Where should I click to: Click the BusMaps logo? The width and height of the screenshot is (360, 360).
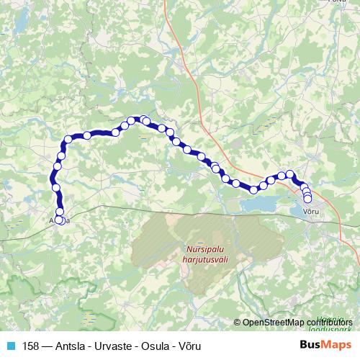click(x=326, y=346)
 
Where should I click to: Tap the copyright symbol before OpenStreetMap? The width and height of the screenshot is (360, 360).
click(x=237, y=323)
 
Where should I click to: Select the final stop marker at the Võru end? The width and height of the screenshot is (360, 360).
click(x=308, y=199)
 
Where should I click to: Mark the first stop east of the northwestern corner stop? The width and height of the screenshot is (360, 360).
click(x=87, y=135)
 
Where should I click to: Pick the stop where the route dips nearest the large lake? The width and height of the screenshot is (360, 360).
click(x=254, y=189)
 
